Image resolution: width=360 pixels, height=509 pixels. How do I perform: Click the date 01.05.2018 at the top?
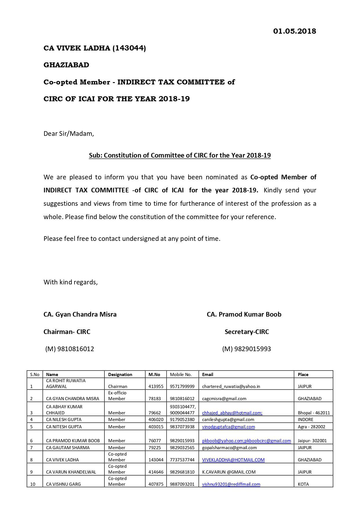pyautogui.click(x=294, y=31)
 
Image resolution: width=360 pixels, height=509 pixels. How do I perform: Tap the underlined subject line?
pyautogui.click(x=180, y=156)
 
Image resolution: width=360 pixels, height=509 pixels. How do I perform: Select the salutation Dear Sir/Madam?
pyautogui.click(x=69, y=134)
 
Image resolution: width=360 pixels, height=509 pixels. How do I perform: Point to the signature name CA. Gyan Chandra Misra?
pyautogui.click(x=80, y=315)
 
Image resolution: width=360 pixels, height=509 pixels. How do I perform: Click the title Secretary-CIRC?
pyautogui.click(x=247, y=332)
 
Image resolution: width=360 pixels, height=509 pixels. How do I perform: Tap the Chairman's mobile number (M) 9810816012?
pyautogui.click(x=70, y=349)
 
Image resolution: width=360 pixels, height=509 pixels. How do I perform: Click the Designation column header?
pyautogui.click(x=120, y=375)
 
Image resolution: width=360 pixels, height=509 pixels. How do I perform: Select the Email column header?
pyautogui.click(x=208, y=375)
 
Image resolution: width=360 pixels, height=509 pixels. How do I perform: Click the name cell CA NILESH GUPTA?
pyautogui.click(x=64, y=420)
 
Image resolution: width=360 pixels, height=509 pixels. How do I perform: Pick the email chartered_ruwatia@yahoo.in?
pyautogui.click(x=231, y=387)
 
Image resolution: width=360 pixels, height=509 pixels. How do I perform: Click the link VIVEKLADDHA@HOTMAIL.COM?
pyautogui.click(x=233, y=460)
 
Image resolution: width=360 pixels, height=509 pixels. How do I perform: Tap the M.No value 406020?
pyautogui.click(x=156, y=420)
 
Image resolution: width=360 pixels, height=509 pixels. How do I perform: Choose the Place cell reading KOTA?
pyautogui.click(x=303, y=484)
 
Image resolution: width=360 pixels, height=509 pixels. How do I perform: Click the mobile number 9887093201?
pyautogui.click(x=182, y=484)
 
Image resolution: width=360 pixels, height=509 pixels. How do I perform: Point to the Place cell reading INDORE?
pyautogui.click(x=305, y=420)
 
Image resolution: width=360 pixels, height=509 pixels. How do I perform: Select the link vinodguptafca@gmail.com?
pyautogui.click(x=228, y=427)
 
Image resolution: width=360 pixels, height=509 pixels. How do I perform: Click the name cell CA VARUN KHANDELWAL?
pyautogui.click(x=71, y=472)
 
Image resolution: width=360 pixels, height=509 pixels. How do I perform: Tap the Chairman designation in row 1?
pyautogui.click(x=117, y=387)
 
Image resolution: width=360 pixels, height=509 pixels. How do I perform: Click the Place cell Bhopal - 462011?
pyautogui.click(x=314, y=413)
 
